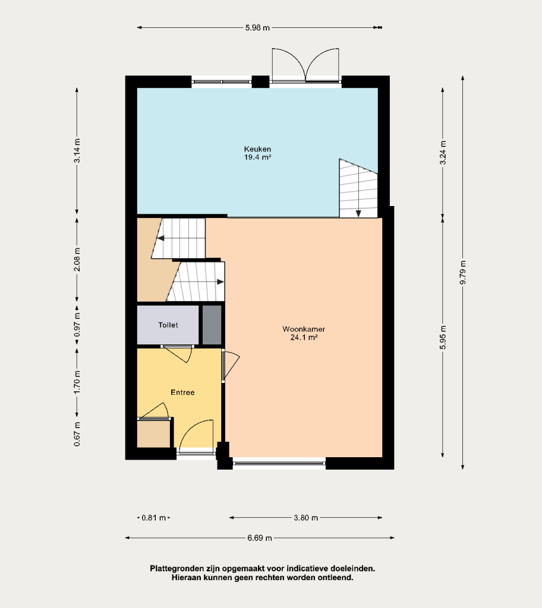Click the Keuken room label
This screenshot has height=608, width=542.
pyautogui.click(x=257, y=149)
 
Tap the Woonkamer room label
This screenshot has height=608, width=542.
pyautogui.click(x=304, y=329)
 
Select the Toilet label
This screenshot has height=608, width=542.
pyautogui.click(x=168, y=325)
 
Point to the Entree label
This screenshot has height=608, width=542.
pyautogui.click(x=182, y=392)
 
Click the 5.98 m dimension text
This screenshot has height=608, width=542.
pyautogui.click(x=257, y=28)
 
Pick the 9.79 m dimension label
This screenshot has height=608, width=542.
pyautogui.click(x=462, y=273)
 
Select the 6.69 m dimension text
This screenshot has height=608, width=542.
pyautogui.click(x=260, y=538)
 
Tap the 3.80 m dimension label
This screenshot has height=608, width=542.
pyautogui.click(x=306, y=518)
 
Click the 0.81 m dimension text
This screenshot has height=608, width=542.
pyautogui.click(x=154, y=518)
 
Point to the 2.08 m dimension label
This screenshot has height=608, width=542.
pyautogui.click(x=77, y=259)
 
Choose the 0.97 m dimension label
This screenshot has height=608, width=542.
pyautogui.click(x=77, y=325)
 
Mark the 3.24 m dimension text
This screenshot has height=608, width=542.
pyautogui.click(x=443, y=153)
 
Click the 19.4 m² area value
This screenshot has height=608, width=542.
pyautogui.click(x=257, y=157)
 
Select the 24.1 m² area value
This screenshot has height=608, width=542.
pyautogui.click(x=304, y=337)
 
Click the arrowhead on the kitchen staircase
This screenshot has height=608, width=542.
pyautogui.click(x=358, y=214)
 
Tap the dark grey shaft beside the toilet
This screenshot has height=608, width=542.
pyautogui.click(x=212, y=325)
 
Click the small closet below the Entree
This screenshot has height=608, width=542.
pyautogui.click(x=154, y=434)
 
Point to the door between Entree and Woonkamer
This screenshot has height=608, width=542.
pyautogui.click(x=231, y=366)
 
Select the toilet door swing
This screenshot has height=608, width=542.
pyautogui.click(x=178, y=354)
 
